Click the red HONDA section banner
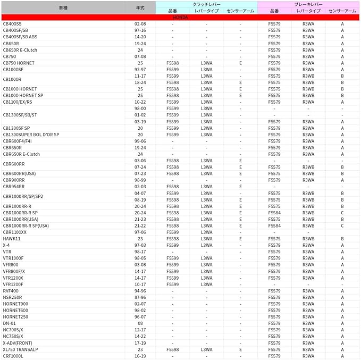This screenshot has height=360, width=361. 180,18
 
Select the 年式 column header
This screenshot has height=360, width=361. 140,7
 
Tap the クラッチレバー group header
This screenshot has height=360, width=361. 206,4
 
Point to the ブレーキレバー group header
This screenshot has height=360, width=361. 309,4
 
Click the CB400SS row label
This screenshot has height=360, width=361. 13,24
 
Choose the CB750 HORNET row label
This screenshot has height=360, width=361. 19,63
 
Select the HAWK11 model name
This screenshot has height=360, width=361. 11,239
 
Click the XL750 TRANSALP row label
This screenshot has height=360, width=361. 20,349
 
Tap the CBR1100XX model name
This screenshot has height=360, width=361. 14,232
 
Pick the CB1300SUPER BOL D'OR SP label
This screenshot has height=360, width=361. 31,135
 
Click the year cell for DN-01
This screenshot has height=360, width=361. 140,323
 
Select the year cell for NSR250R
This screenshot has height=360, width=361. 140,297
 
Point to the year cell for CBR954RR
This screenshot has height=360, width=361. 140,187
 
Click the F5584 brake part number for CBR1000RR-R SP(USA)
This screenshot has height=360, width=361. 274,225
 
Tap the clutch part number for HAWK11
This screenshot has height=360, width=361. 172,239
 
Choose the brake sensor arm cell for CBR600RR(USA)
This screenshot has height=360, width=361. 342,173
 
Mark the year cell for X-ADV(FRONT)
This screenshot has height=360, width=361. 140,343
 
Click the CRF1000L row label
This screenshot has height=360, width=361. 13,356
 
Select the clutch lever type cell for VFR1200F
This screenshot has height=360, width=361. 206,284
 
